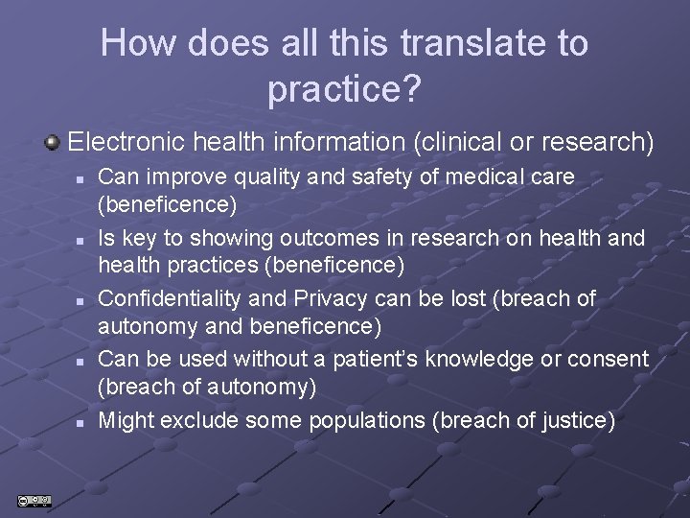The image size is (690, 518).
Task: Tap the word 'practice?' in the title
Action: [344, 89]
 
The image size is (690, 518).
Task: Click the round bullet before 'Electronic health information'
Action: [54, 143]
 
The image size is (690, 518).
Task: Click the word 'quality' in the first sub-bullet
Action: [258, 177]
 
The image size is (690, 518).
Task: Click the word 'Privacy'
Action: [318, 298]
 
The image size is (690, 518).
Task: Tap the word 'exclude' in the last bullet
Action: [200, 420]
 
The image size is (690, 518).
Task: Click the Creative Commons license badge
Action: [34, 500]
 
